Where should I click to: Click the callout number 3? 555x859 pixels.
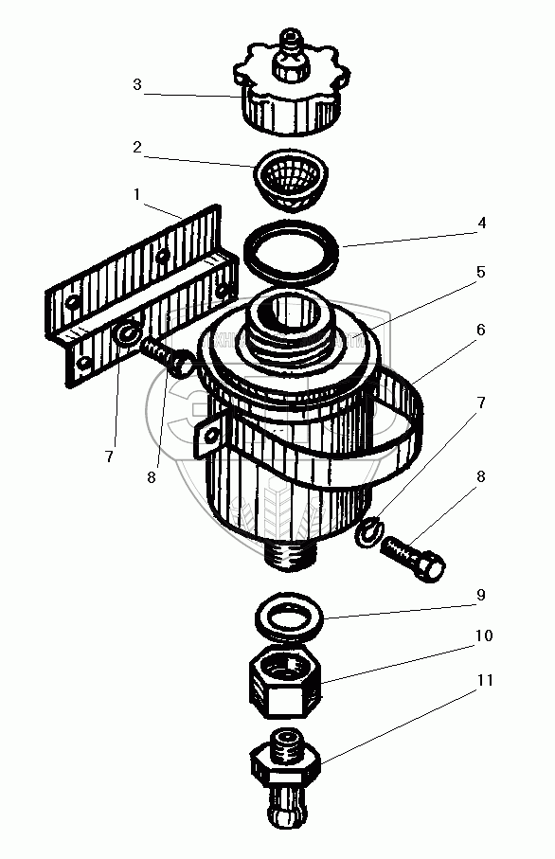137,85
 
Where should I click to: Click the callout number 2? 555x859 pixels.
137,147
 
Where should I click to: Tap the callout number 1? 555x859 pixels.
137,194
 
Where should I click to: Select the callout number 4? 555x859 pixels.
481,223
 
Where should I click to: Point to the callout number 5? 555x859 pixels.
480,272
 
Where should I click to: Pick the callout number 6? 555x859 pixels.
480,330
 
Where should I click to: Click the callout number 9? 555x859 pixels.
480,595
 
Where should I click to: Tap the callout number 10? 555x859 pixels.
484,635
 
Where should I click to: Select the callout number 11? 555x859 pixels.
485,680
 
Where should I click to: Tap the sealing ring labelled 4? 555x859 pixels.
292,252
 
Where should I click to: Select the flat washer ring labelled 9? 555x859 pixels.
290,617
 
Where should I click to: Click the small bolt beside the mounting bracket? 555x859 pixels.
168,357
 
